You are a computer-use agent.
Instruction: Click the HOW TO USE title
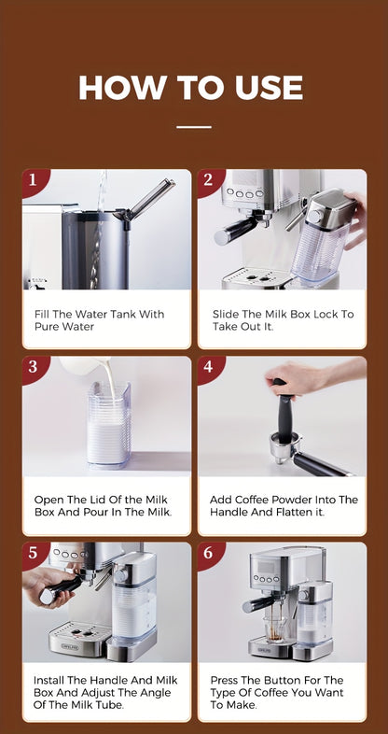click(191, 88)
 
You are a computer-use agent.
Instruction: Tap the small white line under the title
click(194, 126)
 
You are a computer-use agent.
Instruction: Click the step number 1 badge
click(33, 180)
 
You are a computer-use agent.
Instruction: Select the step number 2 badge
click(208, 180)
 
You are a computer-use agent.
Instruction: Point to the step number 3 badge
click(33, 367)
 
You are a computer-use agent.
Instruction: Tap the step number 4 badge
click(208, 367)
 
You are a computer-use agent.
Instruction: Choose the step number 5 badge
click(33, 554)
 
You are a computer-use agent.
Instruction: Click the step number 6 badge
click(208, 554)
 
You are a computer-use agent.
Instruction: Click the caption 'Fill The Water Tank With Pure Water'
click(99, 320)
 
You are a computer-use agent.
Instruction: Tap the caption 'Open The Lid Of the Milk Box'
click(103, 506)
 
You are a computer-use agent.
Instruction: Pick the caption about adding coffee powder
click(284, 506)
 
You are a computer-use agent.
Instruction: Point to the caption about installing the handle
click(104, 693)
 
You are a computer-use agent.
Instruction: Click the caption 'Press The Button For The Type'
click(276, 693)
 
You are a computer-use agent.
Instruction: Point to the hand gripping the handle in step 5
click(41, 586)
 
